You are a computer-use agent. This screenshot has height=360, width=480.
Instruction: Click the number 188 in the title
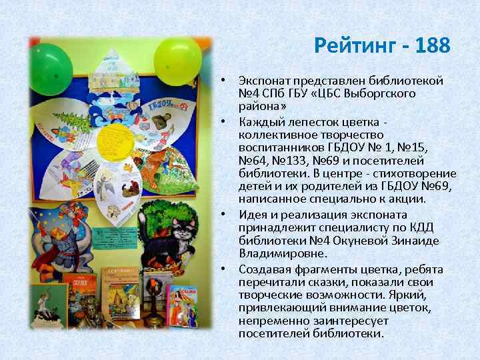(x=432, y=47)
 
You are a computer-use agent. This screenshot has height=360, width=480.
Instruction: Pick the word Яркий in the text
(x=403, y=295)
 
